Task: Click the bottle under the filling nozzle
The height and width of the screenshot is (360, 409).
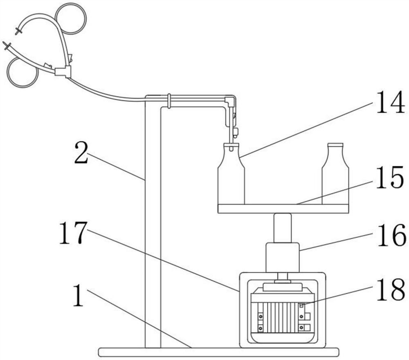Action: [x=231, y=178]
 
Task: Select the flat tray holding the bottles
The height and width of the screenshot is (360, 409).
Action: [x=283, y=209]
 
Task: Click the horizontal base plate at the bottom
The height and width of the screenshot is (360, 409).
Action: [x=218, y=352]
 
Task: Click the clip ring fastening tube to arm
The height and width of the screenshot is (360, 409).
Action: [x=169, y=100]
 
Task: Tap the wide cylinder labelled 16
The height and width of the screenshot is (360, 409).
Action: [x=282, y=257]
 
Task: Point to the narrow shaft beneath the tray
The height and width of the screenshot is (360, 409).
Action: [x=282, y=228]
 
